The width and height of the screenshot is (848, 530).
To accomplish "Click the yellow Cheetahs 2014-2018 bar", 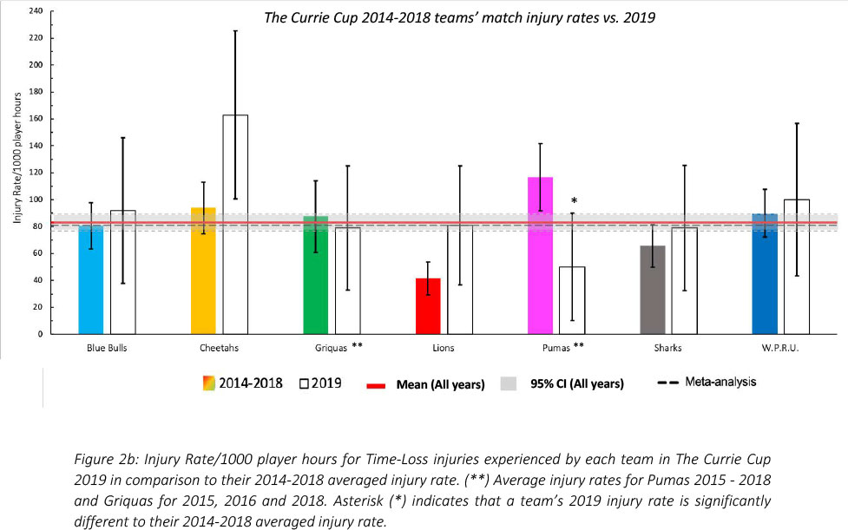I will point(203,271).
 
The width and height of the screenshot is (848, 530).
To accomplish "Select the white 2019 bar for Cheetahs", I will point(235,225).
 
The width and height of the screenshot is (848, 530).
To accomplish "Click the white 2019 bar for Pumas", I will point(572,300).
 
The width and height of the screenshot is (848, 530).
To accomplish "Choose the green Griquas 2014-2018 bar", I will point(315,275).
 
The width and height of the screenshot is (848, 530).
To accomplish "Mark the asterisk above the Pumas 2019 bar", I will point(574,200).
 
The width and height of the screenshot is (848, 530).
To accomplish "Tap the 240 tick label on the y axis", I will point(35,10).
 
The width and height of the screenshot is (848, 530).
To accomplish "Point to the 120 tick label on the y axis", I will point(35,172).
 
